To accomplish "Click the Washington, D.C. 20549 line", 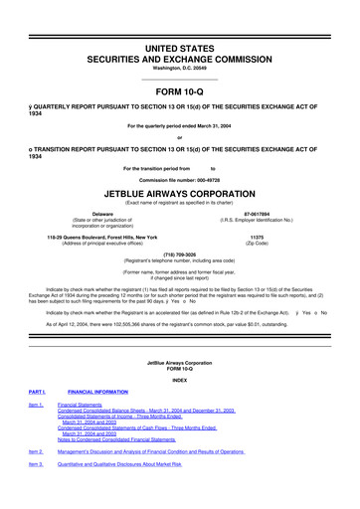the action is point(179,40).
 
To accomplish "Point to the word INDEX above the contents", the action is point(179,379).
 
